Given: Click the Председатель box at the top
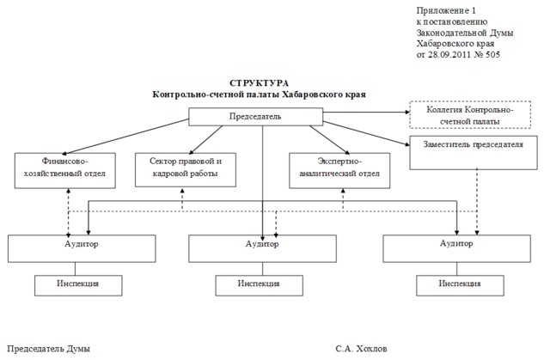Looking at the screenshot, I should [x=254, y=116].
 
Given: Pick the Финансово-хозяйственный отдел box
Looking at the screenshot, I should [x=65, y=167].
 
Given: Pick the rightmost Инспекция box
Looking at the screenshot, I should [x=458, y=284].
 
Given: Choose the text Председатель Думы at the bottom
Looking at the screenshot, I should [x=48, y=349].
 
